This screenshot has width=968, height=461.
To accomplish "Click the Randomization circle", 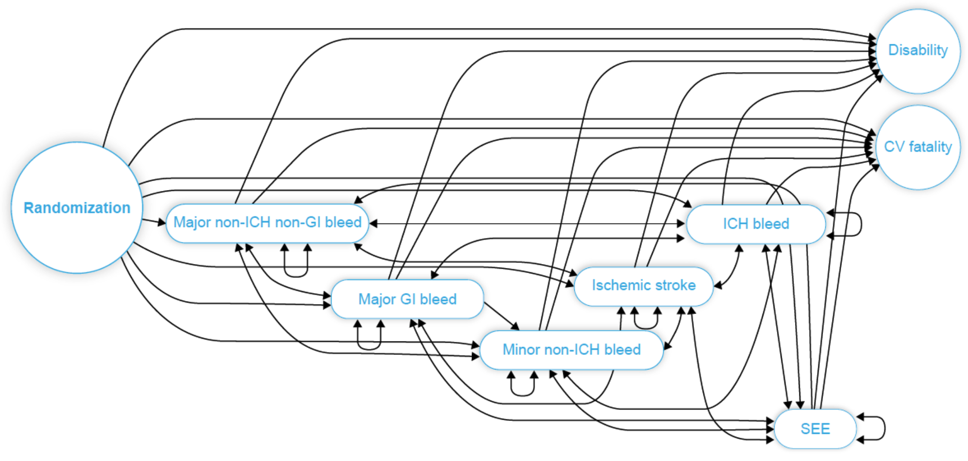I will click(x=77, y=208).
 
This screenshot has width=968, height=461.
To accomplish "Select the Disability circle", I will click(x=918, y=51).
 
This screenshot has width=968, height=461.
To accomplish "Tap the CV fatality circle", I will click(x=918, y=147).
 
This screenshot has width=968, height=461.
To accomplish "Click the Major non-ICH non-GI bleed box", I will click(x=267, y=223).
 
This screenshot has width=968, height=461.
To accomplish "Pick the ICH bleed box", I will click(x=755, y=224).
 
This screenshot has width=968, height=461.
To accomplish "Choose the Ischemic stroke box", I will click(x=644, y=286).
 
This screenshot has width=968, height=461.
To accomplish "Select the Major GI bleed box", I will click(x=407, y=299).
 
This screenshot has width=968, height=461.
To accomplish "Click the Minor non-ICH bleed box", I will click(x=571, y=350).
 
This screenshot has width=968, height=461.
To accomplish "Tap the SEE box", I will click(x=815, y=429).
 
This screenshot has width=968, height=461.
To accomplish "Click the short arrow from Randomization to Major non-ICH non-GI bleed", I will click(x=154, y=221).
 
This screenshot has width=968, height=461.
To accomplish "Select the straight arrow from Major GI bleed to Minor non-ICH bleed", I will click(x=501, y=316).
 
